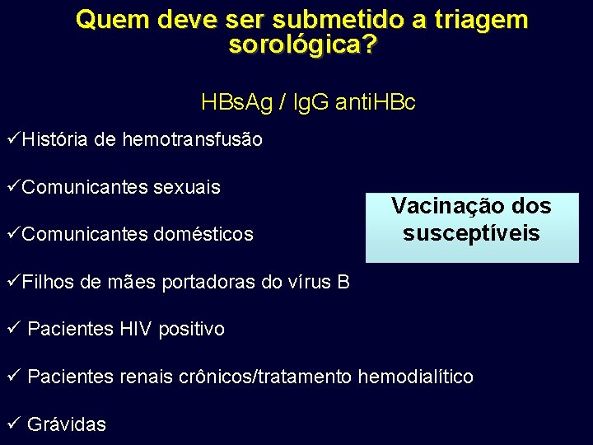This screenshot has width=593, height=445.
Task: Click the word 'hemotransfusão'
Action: [x=192, y=140]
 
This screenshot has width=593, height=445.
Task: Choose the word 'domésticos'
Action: [x=205, y=235]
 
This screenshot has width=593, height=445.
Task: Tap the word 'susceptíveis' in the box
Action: [x=471, y=233]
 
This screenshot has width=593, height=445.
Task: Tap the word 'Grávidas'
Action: [x=67, y=425]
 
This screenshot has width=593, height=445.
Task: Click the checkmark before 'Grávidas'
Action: [x=11, y=424]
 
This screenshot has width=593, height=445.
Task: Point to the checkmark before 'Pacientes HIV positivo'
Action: [x=11, y=328]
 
